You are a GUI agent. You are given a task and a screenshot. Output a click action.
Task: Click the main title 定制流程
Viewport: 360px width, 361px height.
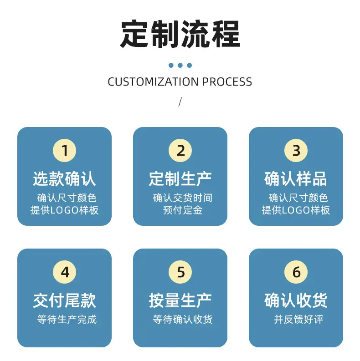(x=180, y=34)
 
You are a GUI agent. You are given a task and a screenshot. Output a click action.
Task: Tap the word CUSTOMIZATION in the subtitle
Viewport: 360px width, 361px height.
(x=153, y=82)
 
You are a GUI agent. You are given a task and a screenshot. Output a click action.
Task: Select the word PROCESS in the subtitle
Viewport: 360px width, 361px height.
(x=227, y=82)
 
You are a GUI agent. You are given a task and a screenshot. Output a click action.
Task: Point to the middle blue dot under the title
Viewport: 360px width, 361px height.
(x=180, y=66)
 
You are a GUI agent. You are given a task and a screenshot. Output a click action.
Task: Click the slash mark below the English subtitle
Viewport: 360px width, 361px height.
(x=180, y=102)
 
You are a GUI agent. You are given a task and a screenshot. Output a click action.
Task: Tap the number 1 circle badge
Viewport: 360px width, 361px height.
(x=65, y=151)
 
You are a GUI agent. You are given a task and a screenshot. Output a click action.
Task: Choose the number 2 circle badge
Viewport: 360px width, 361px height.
(x=180, y=151)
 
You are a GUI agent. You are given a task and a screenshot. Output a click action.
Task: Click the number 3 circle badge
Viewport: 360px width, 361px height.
(x=296, y=151)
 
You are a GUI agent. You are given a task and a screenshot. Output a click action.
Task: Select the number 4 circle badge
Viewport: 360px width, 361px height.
(x=65, y=272)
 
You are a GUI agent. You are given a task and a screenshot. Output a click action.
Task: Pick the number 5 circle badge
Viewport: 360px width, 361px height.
(x=180, y=272)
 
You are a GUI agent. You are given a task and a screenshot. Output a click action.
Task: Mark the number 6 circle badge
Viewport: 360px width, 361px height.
(x=296, y=272)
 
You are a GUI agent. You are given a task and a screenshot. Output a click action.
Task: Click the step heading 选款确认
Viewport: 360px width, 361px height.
(x=65, y=179)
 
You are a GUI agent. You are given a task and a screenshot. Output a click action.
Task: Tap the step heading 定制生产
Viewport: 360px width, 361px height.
(x=180, y=179)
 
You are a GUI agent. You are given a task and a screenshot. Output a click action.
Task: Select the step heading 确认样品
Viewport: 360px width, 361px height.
(x=296, y=179)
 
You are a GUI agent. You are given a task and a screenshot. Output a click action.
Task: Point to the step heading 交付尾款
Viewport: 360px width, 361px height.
(x=65, y=300)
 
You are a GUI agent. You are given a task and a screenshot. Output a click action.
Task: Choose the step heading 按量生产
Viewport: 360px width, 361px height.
(x=180, y=300)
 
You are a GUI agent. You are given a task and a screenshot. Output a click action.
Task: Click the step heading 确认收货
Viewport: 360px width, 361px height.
(x=296, y=300)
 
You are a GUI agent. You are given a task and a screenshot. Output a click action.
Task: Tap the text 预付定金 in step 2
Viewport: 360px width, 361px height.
(x=183, y=210)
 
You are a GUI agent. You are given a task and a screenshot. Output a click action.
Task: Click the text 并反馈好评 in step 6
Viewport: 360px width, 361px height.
(x=298, y=319)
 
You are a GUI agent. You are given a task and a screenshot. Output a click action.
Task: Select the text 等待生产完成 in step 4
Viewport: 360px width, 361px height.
(x=67, y=319)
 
